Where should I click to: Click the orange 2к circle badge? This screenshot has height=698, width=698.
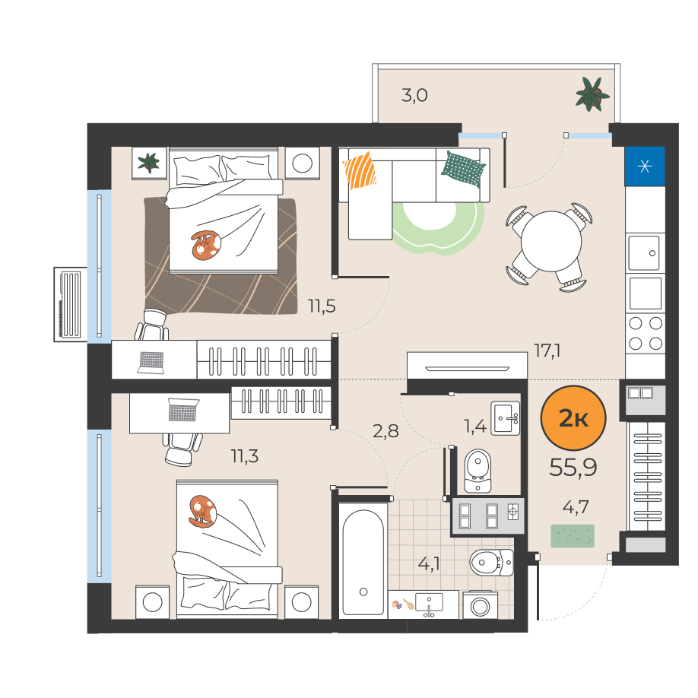pyautogui.click(x=573, y=418)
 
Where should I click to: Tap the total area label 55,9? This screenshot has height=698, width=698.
pyautogui.click(x=573, y=468)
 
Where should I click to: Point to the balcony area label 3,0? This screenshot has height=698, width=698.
pyautogui.click(x=414, y=95)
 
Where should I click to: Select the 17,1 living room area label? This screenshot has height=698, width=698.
pyautogui.click(x=547, y=351)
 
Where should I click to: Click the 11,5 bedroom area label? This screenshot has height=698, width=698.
pyautogui.click(x=322, y=306)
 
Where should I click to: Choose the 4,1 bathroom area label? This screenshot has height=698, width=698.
pyautogui.click(x=429, y=564)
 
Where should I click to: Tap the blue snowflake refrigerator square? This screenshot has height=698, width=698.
pyautogui.click(x=645, y=166)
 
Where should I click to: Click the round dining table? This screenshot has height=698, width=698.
pyautogui.click(x=551, y=241)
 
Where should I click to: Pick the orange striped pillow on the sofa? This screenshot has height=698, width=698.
pyautogui.click(x=360, y=170)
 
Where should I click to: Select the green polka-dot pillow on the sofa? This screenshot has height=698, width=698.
pyautogui.click(x=463, y=169)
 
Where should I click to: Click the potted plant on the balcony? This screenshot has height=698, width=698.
pyautogui.click(x=592, y=94)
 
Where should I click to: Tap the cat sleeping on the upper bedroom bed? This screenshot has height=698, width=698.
pyautogui.click(x=206, y=246)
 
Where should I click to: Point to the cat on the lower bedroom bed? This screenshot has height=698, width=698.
pyautogui.click(x=202, y=512)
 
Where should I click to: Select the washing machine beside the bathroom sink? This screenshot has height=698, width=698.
pyautogui.click(x=480, y=605)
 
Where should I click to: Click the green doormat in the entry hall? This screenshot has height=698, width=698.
pyautogui.click(x=573, y=536)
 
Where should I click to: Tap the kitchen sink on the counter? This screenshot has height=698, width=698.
pyautogui.click(x=644, y=253)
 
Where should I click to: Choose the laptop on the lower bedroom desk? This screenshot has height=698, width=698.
pyautogui.click(x=183, y=410)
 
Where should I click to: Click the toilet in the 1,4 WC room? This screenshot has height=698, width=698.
pyautogui.click(x=477, y=471)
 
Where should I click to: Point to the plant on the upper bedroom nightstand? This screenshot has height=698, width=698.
pyautogui.click(x=149, y=163)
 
